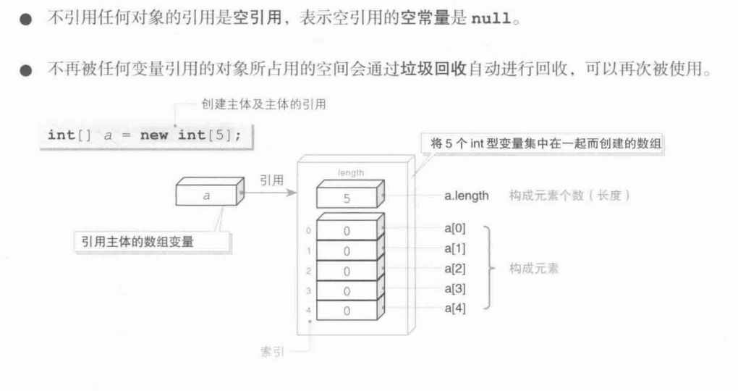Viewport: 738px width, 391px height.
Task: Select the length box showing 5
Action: click(347, 196)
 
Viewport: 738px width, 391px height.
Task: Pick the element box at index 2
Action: click(347, 271)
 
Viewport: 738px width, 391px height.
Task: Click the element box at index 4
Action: click(347, 310)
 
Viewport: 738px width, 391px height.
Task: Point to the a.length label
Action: click(467, 195)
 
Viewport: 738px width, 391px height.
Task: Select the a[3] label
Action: click(456, 288)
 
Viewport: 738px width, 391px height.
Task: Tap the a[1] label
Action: click(456, 248)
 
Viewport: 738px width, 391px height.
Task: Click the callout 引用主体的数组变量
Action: click(138, 242)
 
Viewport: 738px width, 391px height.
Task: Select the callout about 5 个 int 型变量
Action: click(543, 144)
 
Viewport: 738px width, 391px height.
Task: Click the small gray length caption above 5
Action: click(350, 172)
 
